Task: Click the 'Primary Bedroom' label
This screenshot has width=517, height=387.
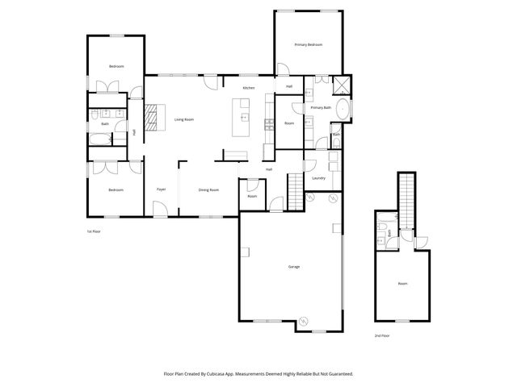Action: click(x=309, y=44)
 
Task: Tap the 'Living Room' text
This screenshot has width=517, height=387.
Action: click(x=184, y=119)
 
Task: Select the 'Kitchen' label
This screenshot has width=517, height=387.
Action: click(x=250, y=87)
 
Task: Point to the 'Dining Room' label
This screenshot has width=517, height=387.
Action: click(x=209, y=189)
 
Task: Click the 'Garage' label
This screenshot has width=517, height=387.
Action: click(x=294, y=266)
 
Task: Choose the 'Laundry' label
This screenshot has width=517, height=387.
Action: click(x=318, y=178)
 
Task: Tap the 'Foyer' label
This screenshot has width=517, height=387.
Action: click(x=161, y=189)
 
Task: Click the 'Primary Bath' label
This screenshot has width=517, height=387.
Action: click(x=322, y=107)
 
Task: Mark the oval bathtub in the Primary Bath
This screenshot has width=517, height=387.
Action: click(x=343, y=110)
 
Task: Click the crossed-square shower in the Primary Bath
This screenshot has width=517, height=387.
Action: click(x=342, y=84)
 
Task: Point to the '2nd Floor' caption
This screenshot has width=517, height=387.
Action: click(x=382, y=335)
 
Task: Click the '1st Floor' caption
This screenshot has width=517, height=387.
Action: click(x=95, y=231)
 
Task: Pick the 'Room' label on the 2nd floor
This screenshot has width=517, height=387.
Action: click(x=402, y=284)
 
